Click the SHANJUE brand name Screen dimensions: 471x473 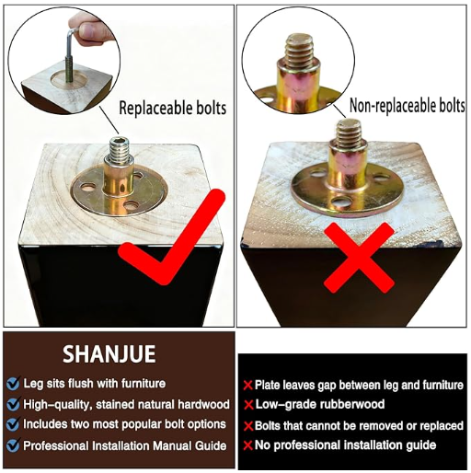109,354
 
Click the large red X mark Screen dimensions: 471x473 359,258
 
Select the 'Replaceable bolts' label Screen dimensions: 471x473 173,108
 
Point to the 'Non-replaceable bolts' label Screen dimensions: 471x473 408,106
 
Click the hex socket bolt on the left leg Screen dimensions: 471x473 120,149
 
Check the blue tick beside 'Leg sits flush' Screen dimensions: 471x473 13,384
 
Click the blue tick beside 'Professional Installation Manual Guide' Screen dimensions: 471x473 13,445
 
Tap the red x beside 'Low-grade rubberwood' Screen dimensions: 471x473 248,405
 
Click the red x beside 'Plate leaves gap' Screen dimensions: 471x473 247,386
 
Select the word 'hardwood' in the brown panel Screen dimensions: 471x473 203,405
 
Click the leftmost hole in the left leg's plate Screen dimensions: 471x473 87,187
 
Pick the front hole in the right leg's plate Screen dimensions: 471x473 340,202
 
